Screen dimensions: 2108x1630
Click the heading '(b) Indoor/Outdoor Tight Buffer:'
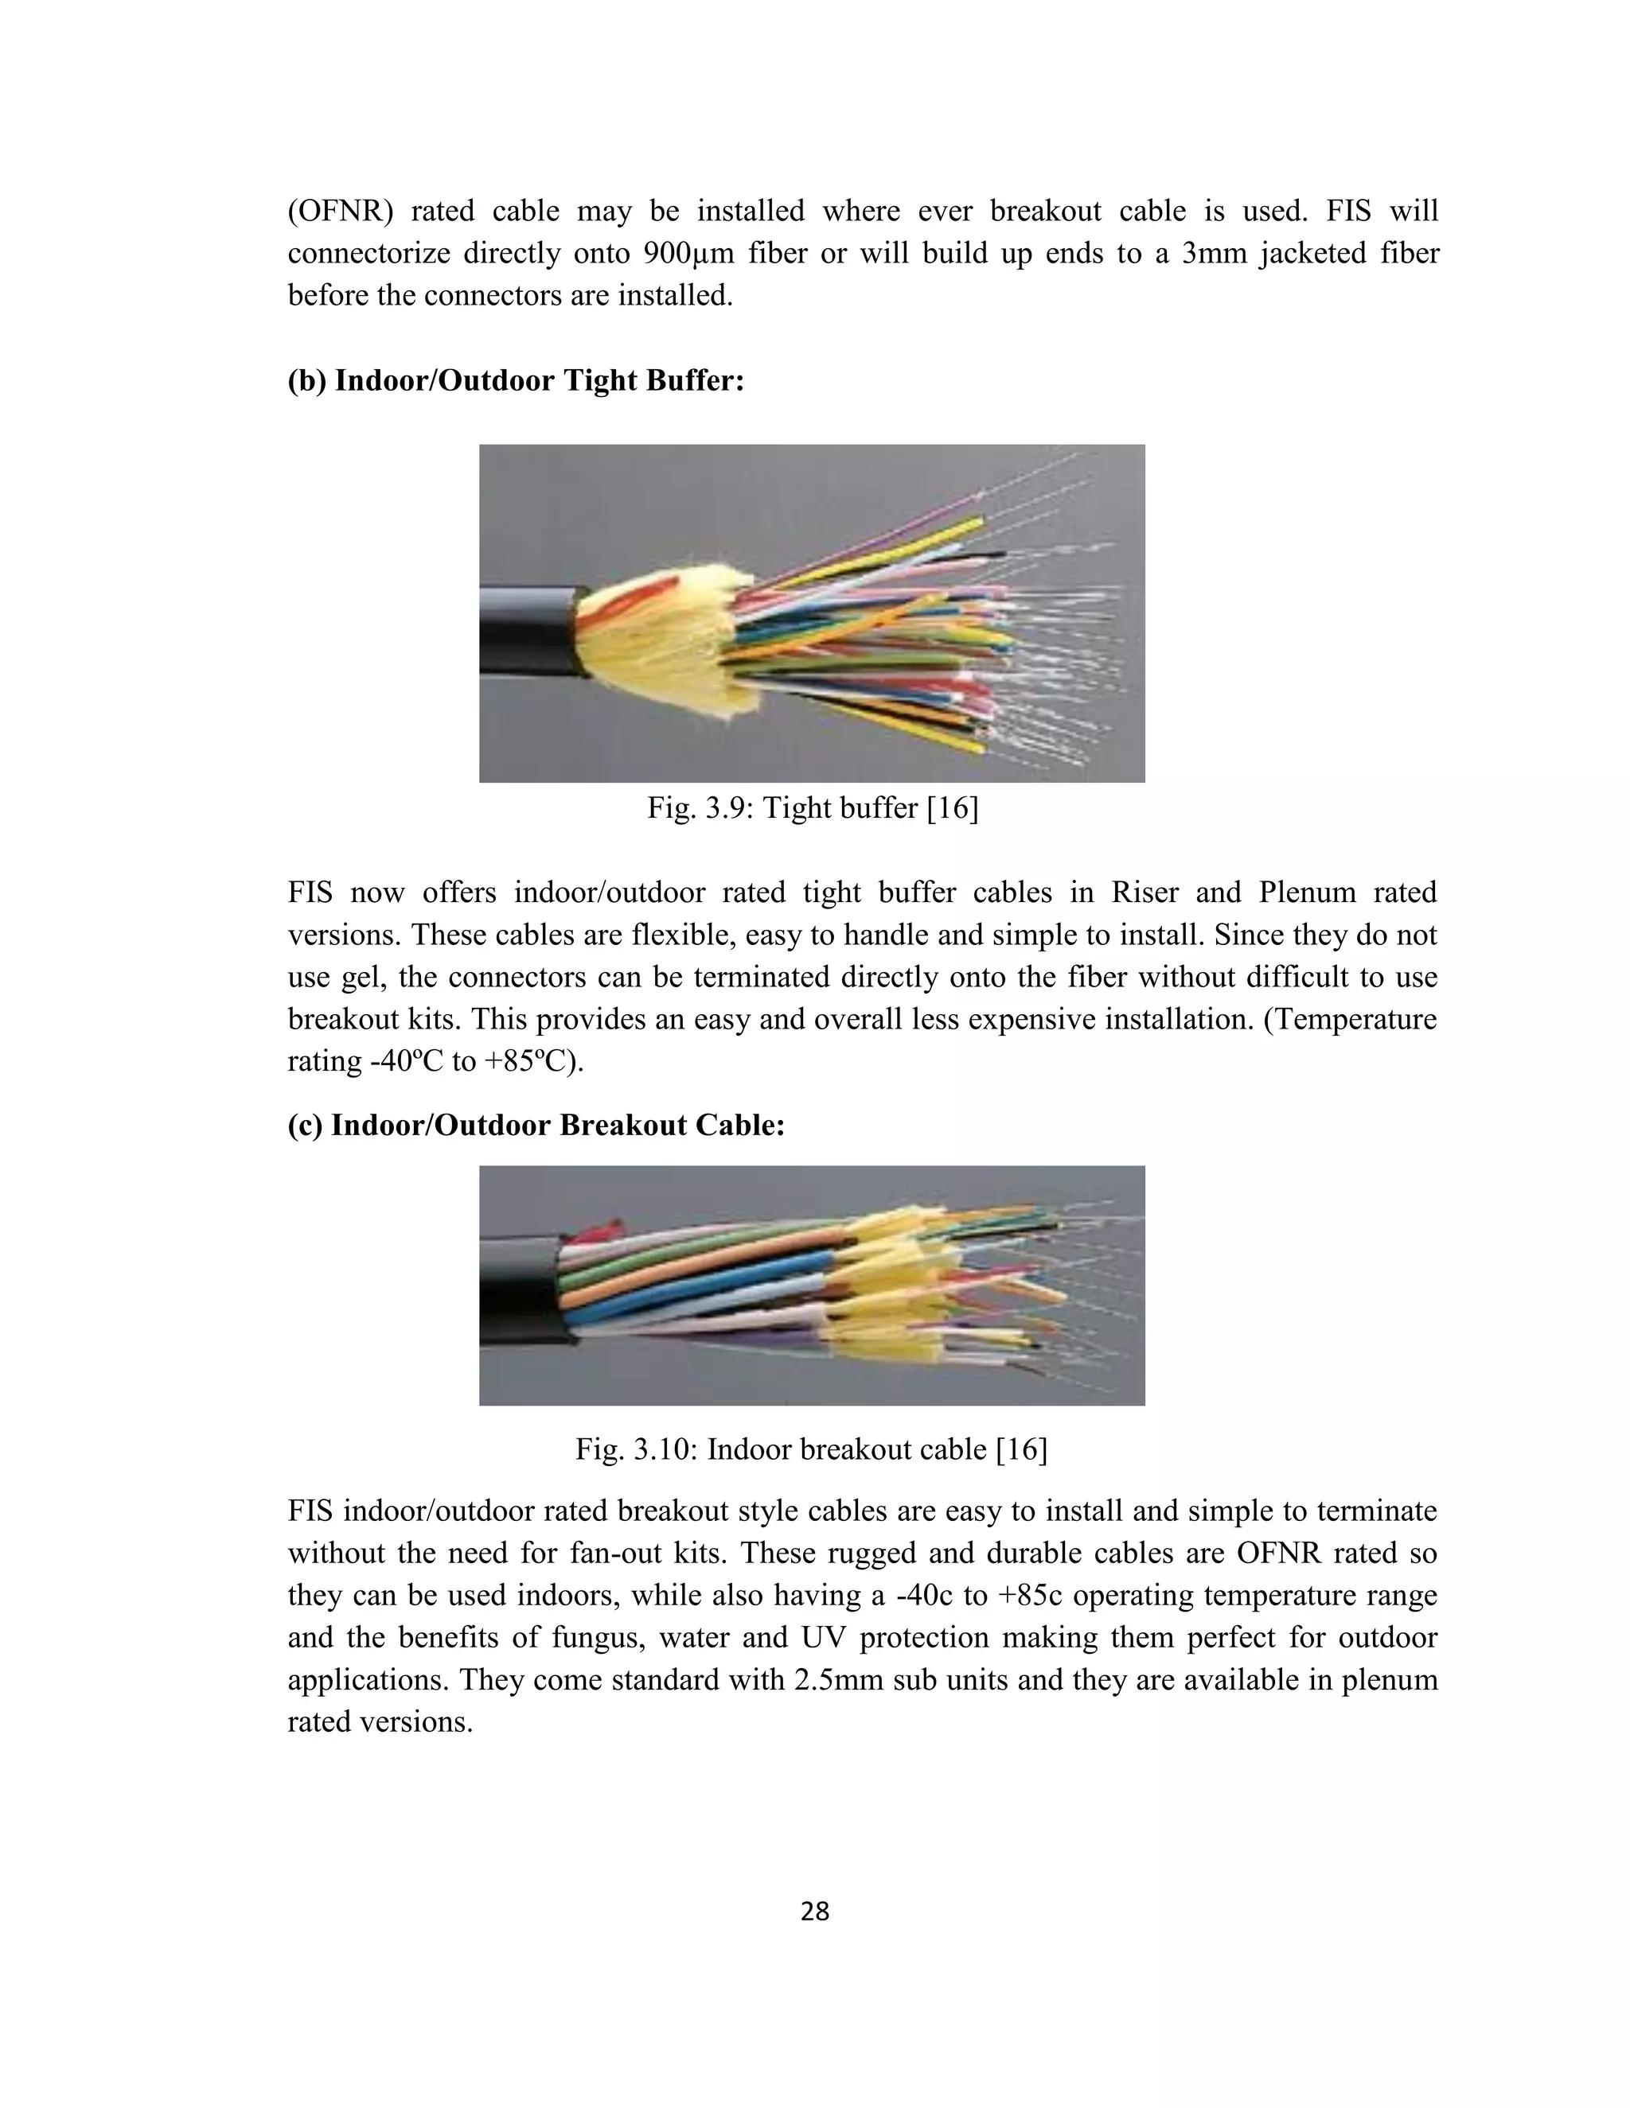(x=516, y=380)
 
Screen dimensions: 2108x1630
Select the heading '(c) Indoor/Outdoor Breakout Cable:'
(x=536, y=1125)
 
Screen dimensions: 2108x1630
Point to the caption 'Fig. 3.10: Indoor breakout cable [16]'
(x=811, y=1449)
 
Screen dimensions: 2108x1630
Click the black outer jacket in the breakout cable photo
(x=517, y=1293)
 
